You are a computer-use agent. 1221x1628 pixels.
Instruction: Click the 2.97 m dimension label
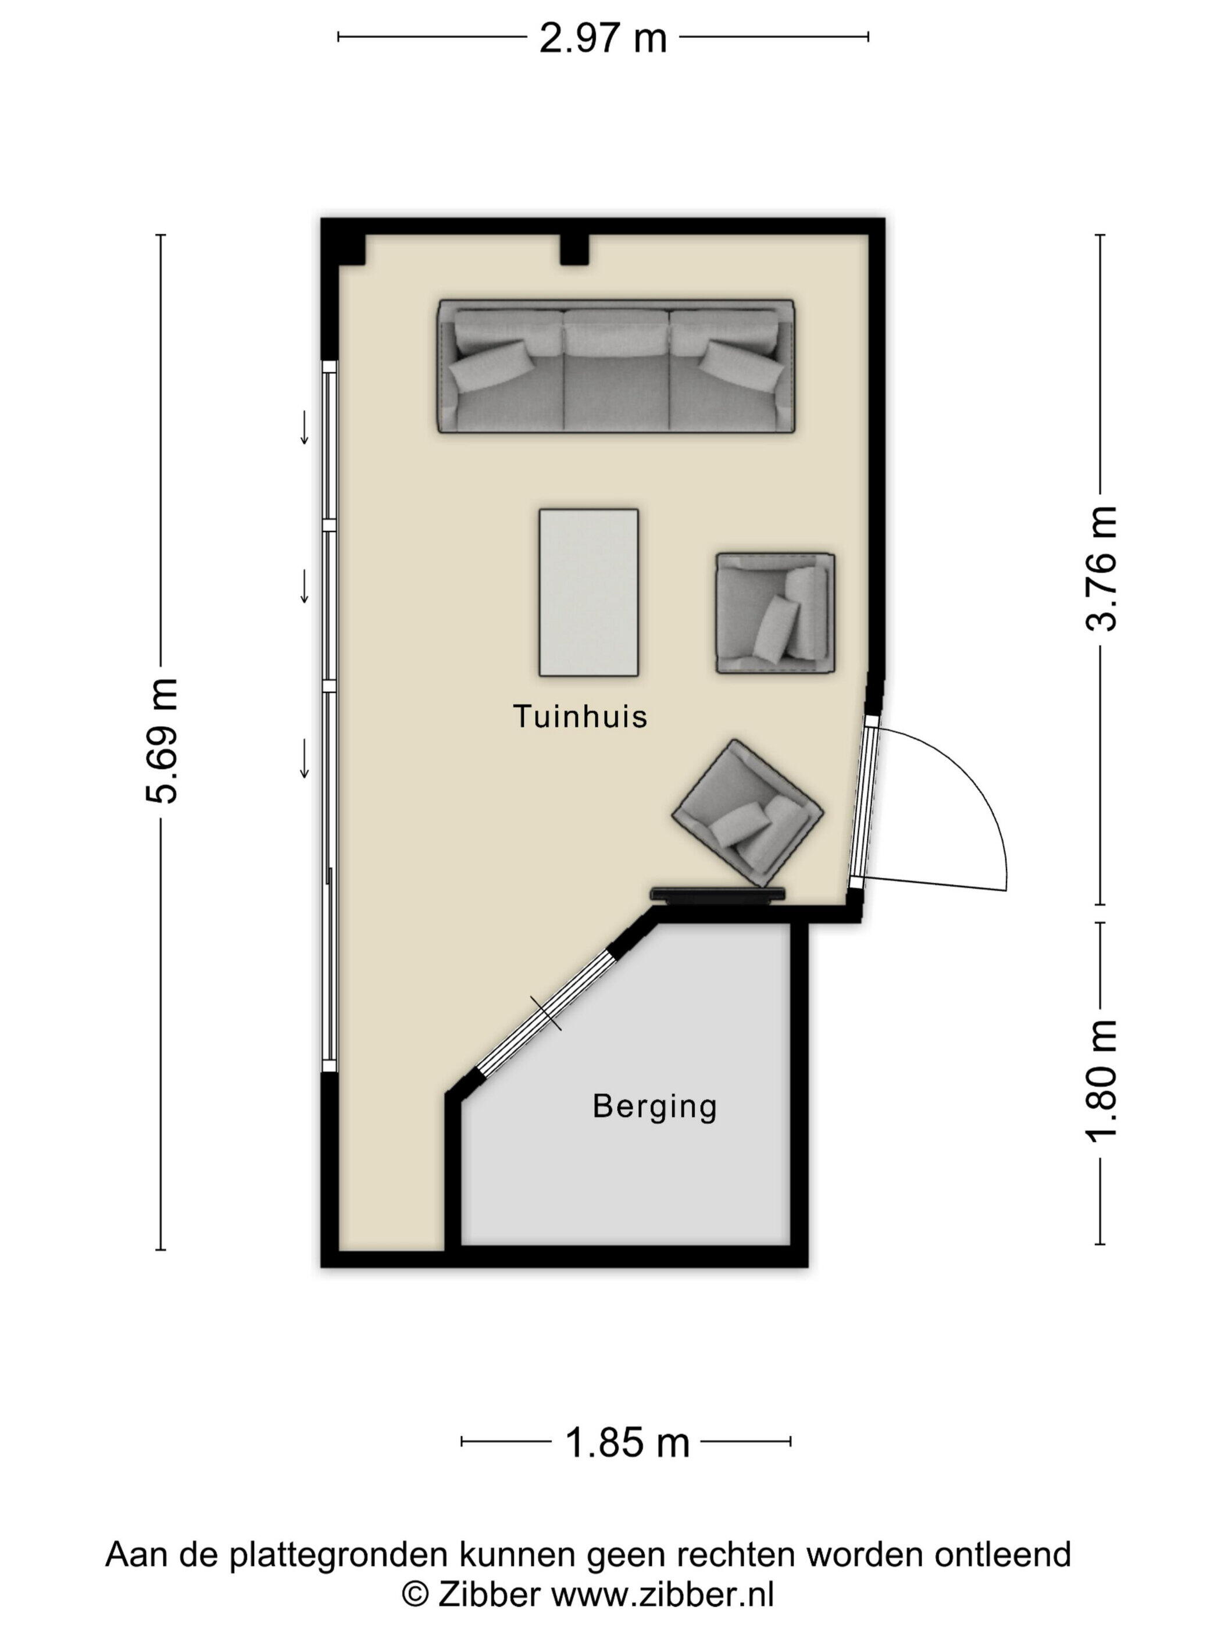point(603,39)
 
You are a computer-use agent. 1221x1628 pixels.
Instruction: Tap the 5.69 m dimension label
point(161,740)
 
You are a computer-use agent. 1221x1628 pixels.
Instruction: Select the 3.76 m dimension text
point(1101,568)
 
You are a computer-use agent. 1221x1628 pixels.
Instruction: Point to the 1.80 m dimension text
point(1101,1080)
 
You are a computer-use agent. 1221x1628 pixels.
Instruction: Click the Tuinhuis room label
point(580,716)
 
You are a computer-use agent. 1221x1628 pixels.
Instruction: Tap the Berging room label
point(654,1107)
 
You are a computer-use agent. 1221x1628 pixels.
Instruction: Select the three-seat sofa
point(616,366)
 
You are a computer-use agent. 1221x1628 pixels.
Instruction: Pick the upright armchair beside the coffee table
point(775,614)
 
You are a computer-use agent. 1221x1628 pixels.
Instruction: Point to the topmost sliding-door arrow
point(304,427)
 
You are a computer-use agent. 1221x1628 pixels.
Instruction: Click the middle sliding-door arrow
point(304,587)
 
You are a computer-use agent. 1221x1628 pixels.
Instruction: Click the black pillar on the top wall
point(574,249)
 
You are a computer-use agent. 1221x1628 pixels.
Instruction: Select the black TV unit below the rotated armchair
point(718,894)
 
